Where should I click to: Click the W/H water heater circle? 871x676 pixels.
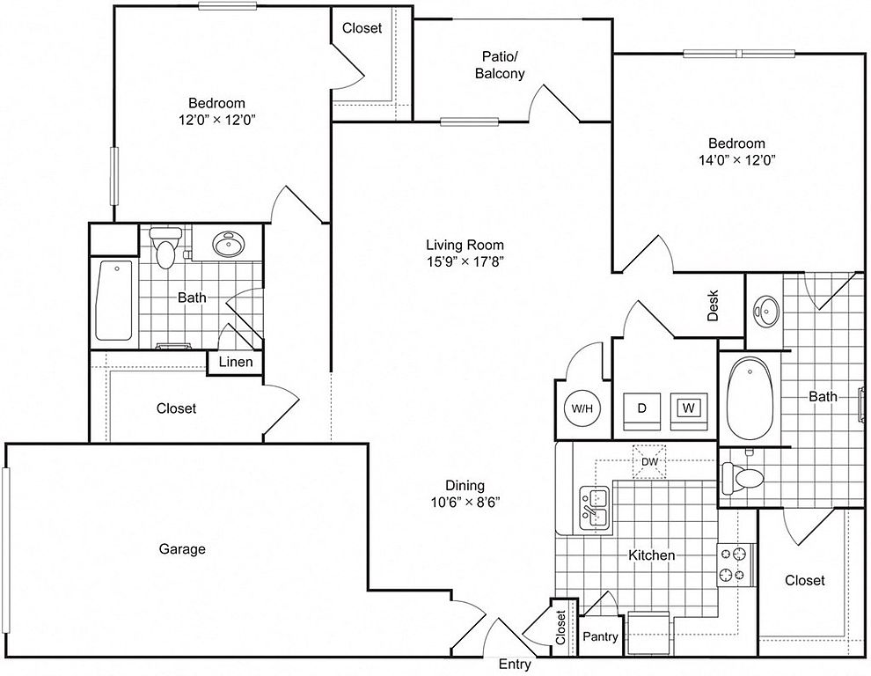pyautogui.click(x=582, y=408)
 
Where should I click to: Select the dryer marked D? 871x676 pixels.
pyautogui.click(x=641, y=411)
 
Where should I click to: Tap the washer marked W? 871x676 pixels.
pyautogui.click(x=688, y=411)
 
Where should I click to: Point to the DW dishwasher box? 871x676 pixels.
pyautogui.click(x=649, y=462)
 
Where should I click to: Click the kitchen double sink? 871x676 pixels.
pyautogui.click(x=595, y=509)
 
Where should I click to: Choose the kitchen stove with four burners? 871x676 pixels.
pyautogui.click(x=736, y=564)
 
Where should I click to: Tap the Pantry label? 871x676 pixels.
pyautogui.click(x=601, y=636)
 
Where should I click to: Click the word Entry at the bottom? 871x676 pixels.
pyautogui.click(x=515, y=664)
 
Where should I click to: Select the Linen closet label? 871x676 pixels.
pyautogui.click(x=236, y=362)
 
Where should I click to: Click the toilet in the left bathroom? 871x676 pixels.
pyautogui.click(x=166, y=247)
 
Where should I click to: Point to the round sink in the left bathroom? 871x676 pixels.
pyautogui.click(x=228, y=244)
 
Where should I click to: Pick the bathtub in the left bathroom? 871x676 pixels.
pyautogui.click(x=113, y=300)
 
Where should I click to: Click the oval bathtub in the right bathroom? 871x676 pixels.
pyautogui.click(x=750, y=398)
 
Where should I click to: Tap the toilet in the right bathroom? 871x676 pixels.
pyautogui.click(x=743, y=477)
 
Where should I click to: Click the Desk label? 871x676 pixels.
pyautogui.click(x=713, y=305)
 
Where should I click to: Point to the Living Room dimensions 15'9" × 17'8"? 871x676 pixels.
pyautogui.click(x=465, y=261)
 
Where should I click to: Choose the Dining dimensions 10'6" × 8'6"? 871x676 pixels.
pyautogui.click(x=465, y=502)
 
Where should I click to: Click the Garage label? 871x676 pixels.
pyautogui.click(x=182, y=549)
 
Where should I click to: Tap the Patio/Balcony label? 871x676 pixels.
pyautogui.click(x=500, y=65)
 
